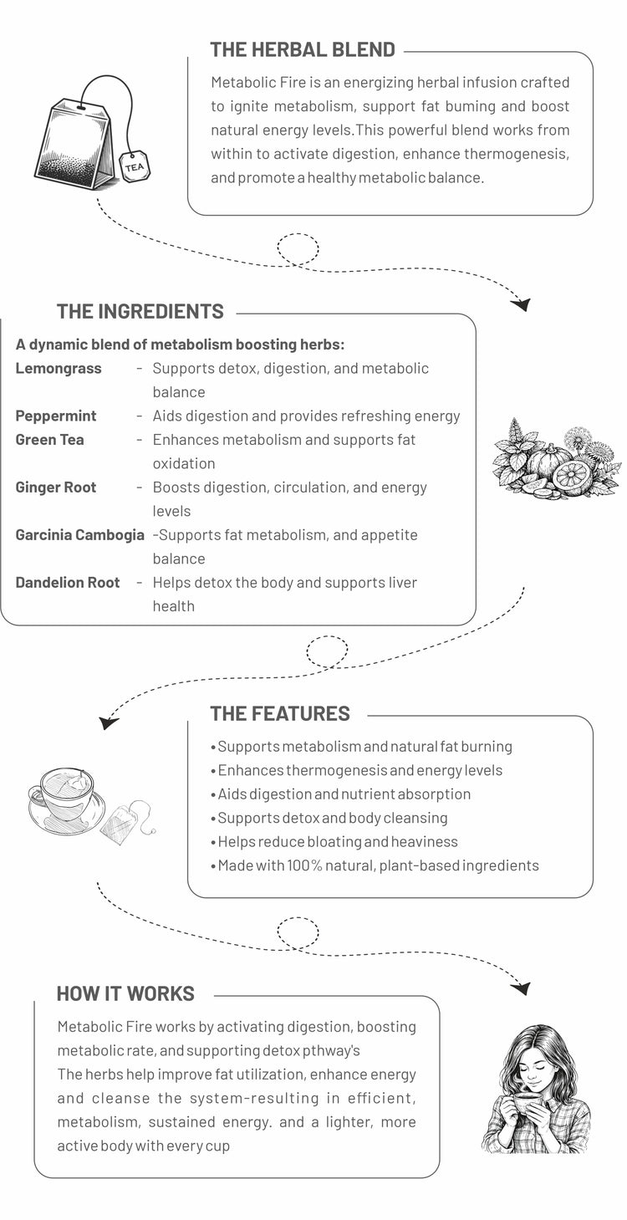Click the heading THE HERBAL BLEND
pyautogui.click(x=302, y=49)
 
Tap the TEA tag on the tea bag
pyautogui.click(x=135, y=167)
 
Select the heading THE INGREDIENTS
pyautogui.click(x=140, y=312)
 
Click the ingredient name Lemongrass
pyautogui.click(x=59, y=369)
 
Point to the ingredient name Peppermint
pyautogui.click(x=56, y=416)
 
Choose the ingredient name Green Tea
pyautogui.click(x=49, y=440)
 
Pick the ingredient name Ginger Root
pyautogui.click(x=56, y=487)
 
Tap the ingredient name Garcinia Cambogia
pyautogui.click(x=79, y=535)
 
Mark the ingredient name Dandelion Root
pyautogui.click(x=68, y=583)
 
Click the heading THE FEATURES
pyautogui.click(x=279, y=713)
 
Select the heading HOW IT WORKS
pyautogui.click(x=125, y=993)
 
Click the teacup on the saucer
pyautogui.click(x=63, y=794)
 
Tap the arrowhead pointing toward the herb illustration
pyautogui.click(x=522, y=304)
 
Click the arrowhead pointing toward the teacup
pyautogui.click(x=108, y=722)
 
